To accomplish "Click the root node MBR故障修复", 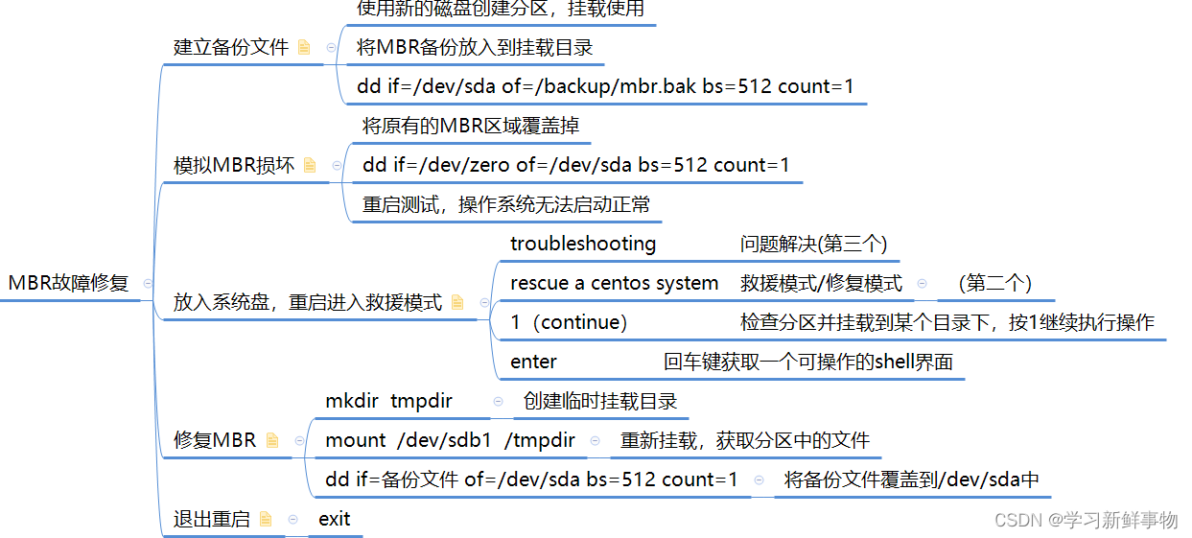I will coord(68,283).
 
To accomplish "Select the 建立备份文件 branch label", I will coord(230,47).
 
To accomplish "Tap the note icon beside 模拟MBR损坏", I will coord(310,165).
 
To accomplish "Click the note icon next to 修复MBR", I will coord(272,440).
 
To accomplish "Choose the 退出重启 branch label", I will coord(211,519).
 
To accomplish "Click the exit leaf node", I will coord(335,519).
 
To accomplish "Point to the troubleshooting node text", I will coord(583,244).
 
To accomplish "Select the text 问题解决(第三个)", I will coord(814,244).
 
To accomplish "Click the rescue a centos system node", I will coord(614,283).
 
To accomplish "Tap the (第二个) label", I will coord(994,283).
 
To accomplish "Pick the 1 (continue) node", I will coord(569,322).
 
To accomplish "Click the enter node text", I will coord(533,362).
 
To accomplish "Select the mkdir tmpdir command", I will coord(388,401).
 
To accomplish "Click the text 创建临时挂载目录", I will coord(600,401).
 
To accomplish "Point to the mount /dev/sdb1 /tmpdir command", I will coord(450,440).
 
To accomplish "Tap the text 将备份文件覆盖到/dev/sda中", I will coord(912,480).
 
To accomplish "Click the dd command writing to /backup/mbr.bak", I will coord(605,86).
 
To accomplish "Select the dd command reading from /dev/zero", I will coord(576,165).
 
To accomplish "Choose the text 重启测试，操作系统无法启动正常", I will coord(506,204).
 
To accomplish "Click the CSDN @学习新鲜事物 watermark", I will coord(1086,520).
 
